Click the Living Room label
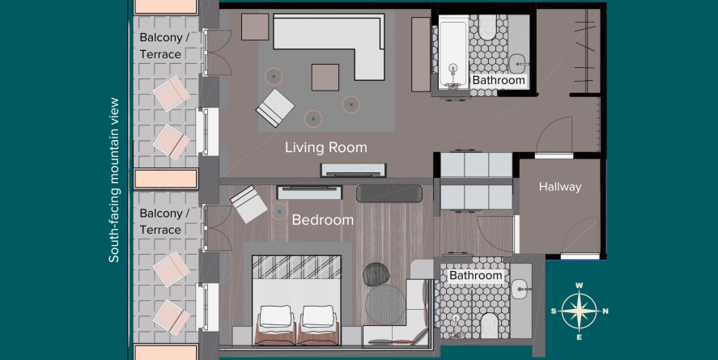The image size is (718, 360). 326,148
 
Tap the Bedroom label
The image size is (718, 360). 323,220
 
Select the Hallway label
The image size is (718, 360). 560,187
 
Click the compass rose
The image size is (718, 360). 580,311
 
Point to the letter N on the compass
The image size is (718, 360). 605,311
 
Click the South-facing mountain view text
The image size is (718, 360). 113,180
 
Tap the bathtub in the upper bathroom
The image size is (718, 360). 453,53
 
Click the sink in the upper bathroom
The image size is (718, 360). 519,61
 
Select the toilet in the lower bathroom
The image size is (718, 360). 489,324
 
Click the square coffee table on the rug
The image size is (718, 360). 325,78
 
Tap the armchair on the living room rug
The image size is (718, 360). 275,108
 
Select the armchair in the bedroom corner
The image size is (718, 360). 249,204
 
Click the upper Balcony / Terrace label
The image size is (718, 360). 164,46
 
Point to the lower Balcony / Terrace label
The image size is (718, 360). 164,222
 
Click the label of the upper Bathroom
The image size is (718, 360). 499,81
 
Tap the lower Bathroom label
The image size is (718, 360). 476,276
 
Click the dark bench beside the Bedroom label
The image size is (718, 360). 389,193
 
